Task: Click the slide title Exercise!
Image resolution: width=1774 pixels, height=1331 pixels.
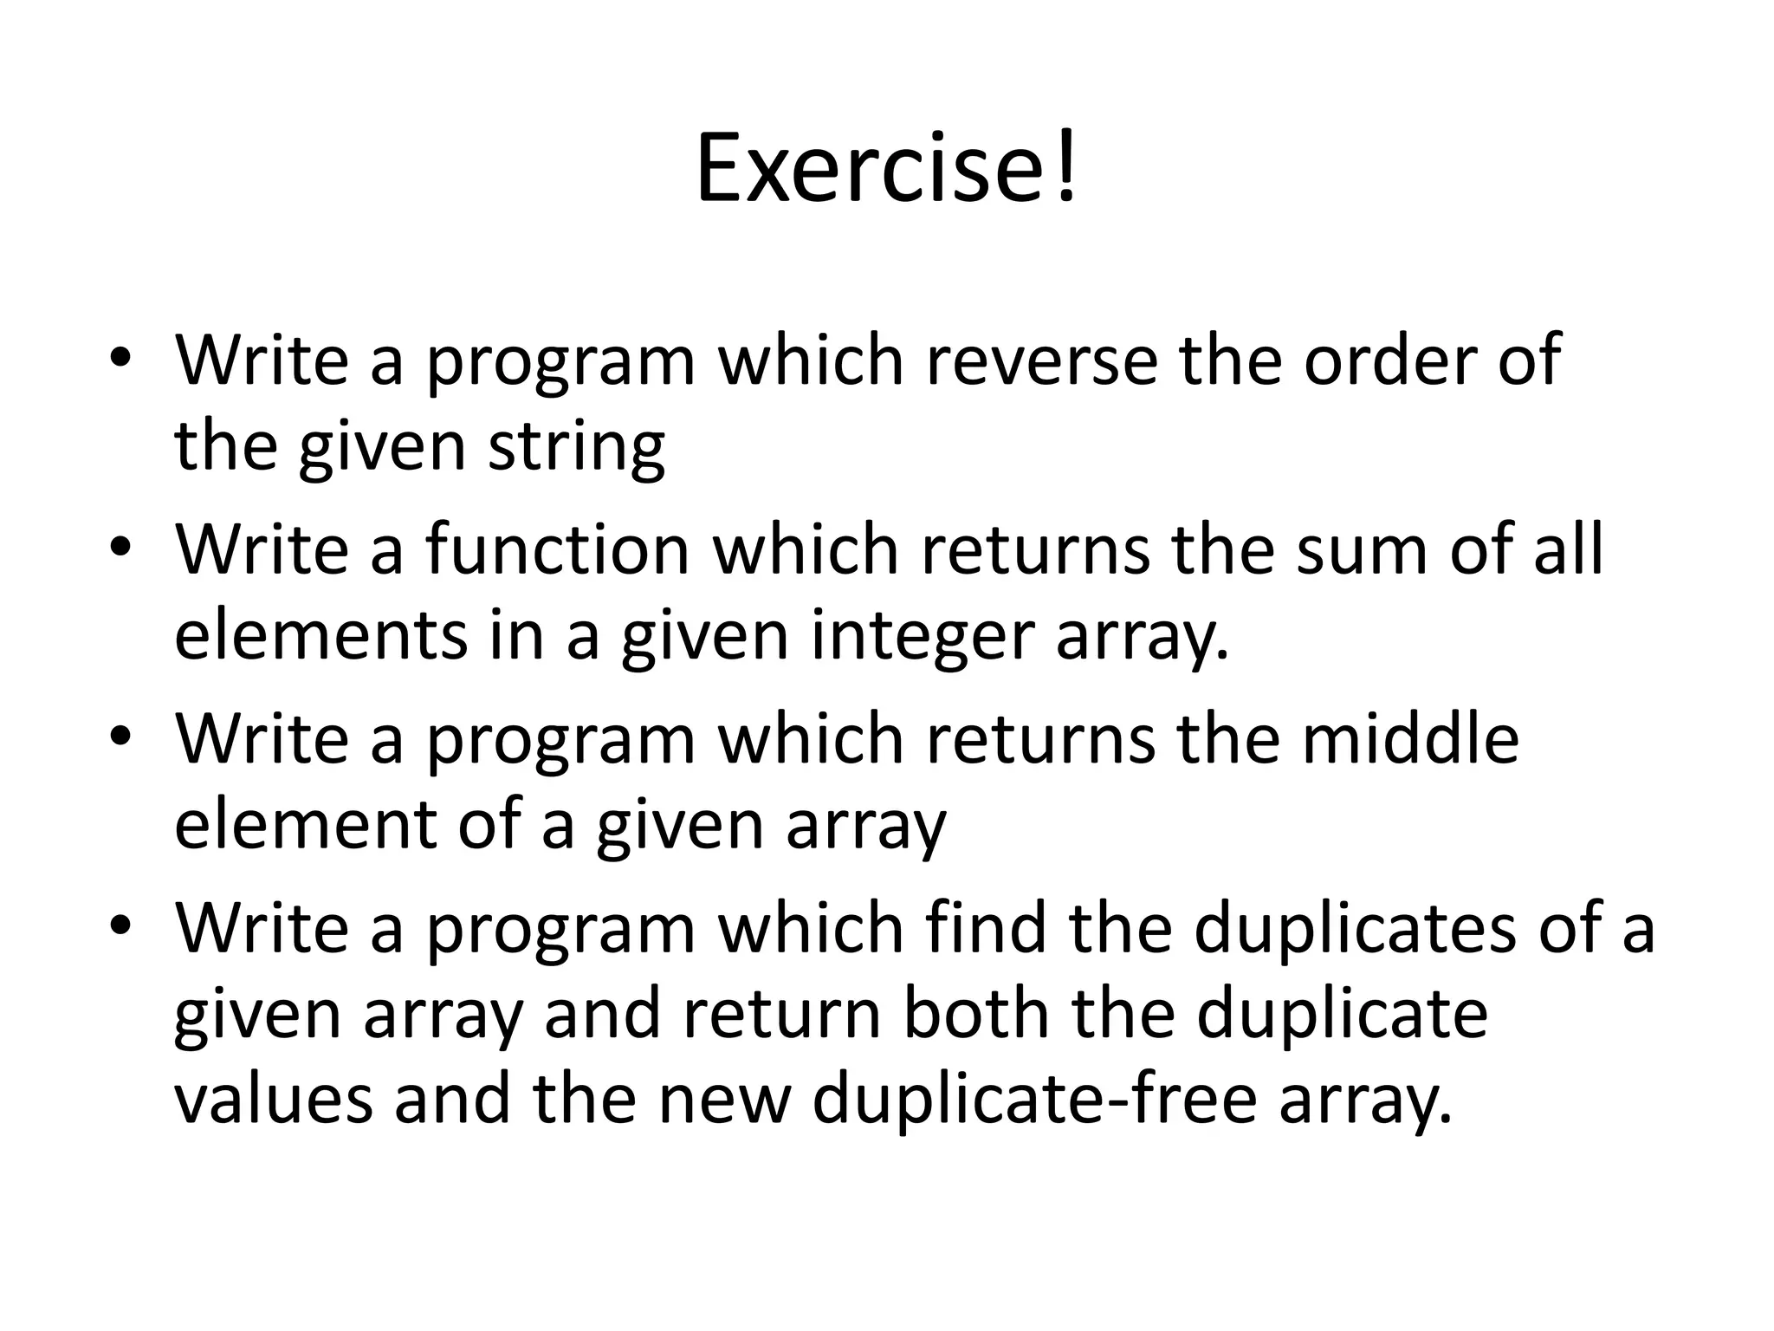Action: tap(886, 168)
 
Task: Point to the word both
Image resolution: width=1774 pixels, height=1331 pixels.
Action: tap(975, 1014)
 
